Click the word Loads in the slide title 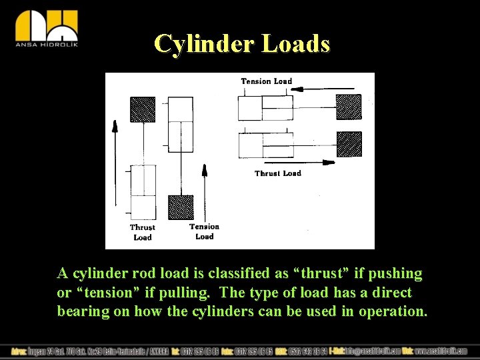pyautogui.click(x=296, y=43)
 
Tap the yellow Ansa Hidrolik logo pyautogui.click(x=47, y=29)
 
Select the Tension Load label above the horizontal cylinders pyautogui.click(x=266, y=81)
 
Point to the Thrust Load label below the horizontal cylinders pyautogui.click(x=277, y=173)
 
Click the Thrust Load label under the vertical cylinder pyautogui.click(x=142, y=232)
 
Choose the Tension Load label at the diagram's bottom pyautogui.click(x=204, y=231)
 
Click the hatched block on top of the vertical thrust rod pyautogui.click(x=143, y=108)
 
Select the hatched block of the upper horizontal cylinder pyautogui.click(x=349, y=107)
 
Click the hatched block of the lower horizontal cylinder pyautogui.click(x=349, y=144)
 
